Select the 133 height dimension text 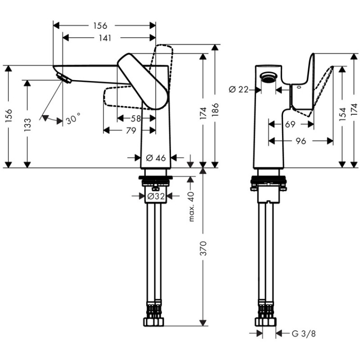coord(28,124)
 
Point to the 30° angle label coord(73,120)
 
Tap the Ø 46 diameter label coord(156,157)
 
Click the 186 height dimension coord(216,109)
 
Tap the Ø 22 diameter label coord(238,89)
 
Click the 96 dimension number coord(301,141)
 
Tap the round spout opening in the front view coord(269,76)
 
